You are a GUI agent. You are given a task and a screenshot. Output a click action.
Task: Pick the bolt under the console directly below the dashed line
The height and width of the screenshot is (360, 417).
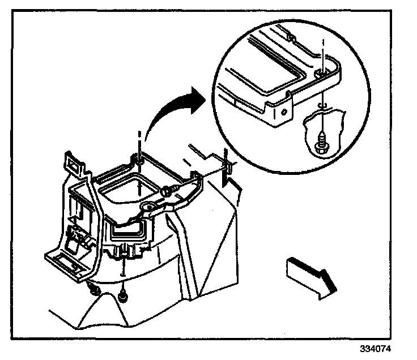(x=123, y=295)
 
